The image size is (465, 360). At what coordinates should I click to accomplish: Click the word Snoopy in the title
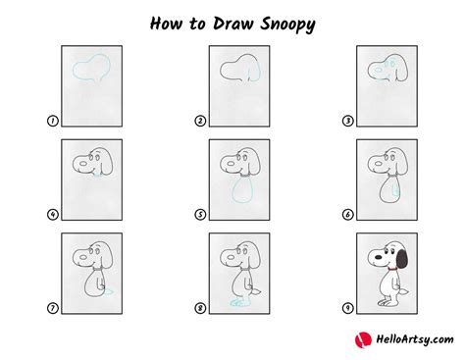[287, 25]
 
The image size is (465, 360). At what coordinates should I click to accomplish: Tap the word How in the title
[166, 24]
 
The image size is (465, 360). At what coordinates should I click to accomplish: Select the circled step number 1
[52, 121]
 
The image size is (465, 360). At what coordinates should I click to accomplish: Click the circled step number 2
[200, 121]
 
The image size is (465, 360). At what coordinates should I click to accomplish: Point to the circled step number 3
[347, 121]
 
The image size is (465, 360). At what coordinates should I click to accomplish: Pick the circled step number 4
[52, 215]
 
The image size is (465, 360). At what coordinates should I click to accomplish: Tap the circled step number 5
[200, 215]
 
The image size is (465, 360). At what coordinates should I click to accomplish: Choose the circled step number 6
[347, 215]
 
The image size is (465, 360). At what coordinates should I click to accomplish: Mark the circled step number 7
[52, 308]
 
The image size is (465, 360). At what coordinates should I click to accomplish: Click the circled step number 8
[200, 308]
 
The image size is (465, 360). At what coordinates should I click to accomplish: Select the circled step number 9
[347, 308]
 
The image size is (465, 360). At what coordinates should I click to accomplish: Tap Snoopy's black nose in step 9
[378, 257]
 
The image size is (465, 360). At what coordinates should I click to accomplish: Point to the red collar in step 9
[392, 270]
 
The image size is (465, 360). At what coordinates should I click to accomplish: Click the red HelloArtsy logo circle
[363, 340]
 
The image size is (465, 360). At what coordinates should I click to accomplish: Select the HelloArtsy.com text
[415, 339]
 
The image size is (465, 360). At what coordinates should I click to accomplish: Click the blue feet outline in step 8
[238, 303]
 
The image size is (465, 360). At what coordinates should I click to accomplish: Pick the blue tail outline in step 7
[109, 291]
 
